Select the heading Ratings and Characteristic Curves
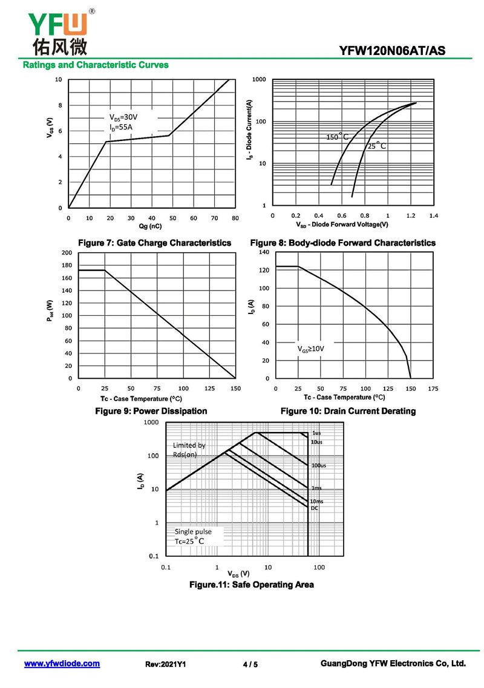pos(96,65)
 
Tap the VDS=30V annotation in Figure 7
pos(123,117)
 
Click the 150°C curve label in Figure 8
pos(338,137)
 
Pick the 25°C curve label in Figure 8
pos(376,146)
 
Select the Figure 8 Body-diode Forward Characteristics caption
pos(342,243)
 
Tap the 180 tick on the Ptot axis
pos(67,266)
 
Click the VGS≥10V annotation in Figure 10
pos(311,349)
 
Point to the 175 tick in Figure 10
pos(433,388)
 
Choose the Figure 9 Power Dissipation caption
pos(151,411)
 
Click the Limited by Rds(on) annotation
pos(189,450)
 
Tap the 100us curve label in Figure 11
pos(319,465)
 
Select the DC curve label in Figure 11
pos(315,508)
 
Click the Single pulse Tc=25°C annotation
pos(194,536)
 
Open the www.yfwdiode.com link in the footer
pos(62,664)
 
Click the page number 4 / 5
pos(250,664)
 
